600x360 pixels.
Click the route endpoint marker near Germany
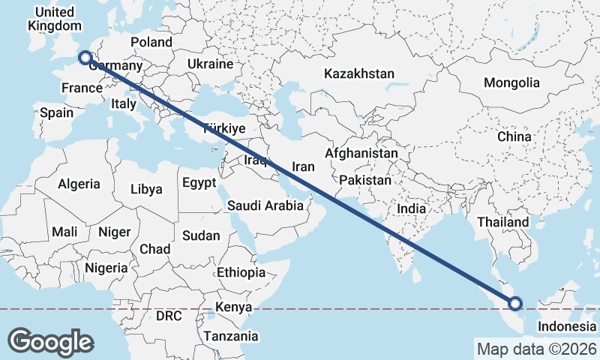point(85,57)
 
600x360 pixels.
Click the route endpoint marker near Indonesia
point(515,304)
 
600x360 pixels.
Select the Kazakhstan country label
point(359,73)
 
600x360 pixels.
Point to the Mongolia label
point(511,82)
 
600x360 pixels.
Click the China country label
point(514,136)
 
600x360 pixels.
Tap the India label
point(412,209)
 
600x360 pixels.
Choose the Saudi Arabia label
point(265,205)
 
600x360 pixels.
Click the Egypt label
point(199,182)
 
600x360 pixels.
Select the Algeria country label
point(79,184)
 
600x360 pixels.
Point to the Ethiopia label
point(241,271)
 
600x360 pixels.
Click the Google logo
point(51,341)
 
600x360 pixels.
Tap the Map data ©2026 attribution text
point(536,349)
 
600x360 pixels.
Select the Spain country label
point(56,113)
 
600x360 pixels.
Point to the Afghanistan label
point(361,153)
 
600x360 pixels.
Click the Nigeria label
point(106,268)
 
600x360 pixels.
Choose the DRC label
point(169,316)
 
